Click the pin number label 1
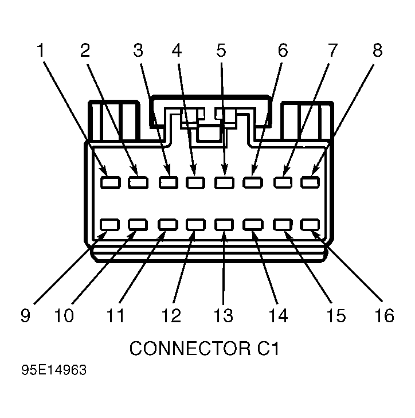[x=41, y=50]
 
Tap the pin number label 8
[x=377, y=50]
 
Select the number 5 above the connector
[x=221, y=50]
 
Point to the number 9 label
[x=26, y=315]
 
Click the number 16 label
[x=384, y=315]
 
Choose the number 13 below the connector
[x=224, y=315]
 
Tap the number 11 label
[x=115, y=315]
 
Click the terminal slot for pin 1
[x=111, y=182]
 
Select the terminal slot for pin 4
[x=195, y=182]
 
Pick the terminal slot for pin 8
[x=310, y=182]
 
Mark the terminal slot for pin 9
[x=109, y=224]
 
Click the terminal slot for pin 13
[x=224, y=224]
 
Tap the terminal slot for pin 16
[x=310, y=224]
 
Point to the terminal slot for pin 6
[x=253, y=182]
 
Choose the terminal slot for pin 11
[x=167, y=224]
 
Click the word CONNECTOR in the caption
[x=190, y=348]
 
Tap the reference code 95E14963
[x=54, y=370]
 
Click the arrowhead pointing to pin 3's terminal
[x=167, y=170]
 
